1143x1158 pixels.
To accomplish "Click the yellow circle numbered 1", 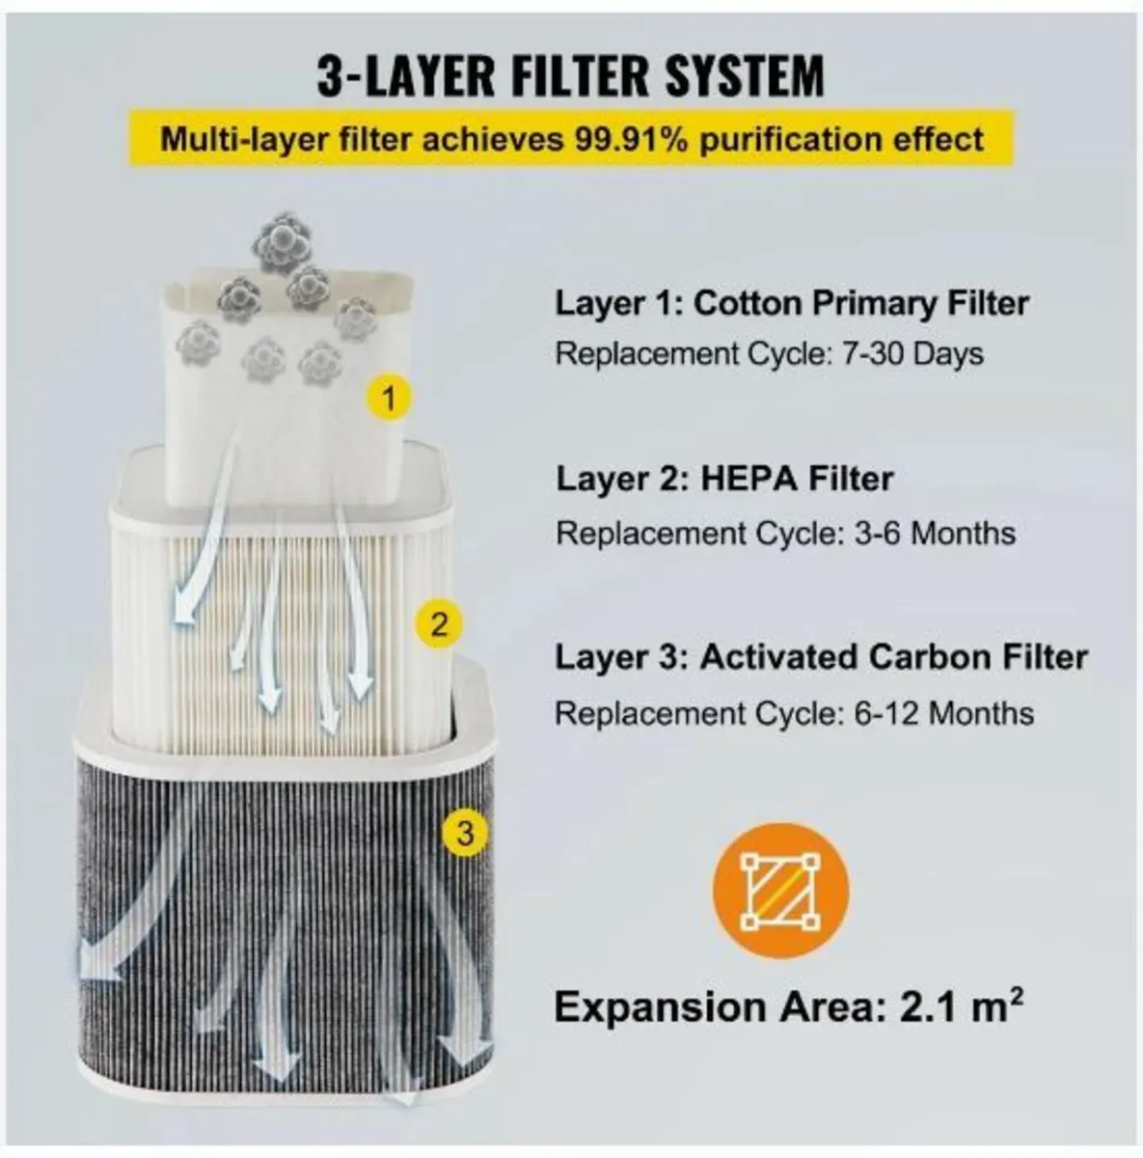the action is tap(389, 398).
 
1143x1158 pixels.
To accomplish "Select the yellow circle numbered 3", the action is tap(465, 833).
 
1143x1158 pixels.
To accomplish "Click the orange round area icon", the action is tap(780, 890).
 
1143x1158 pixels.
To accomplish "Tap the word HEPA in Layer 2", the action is tap(750, 479).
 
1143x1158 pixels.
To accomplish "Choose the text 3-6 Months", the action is tap(935, 533).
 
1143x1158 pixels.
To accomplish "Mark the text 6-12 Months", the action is tap(943, 713).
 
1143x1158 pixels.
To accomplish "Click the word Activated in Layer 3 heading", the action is tap(780, 657).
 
